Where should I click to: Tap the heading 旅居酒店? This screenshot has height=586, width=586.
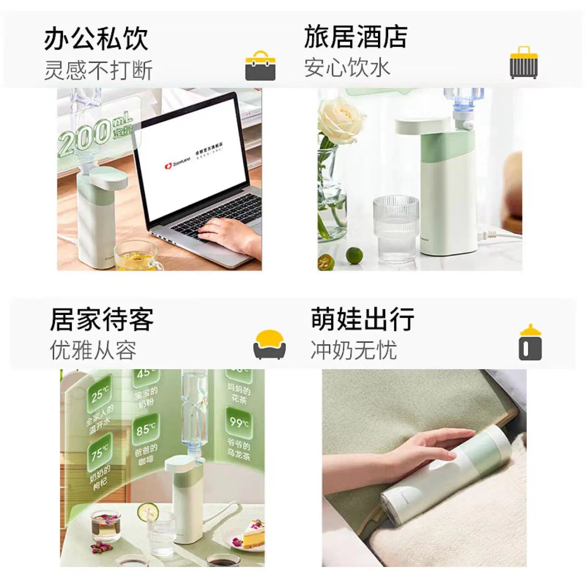coord(355,37)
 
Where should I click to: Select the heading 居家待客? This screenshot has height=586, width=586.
coord(101,320)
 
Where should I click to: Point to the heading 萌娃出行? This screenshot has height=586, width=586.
coord(362,320)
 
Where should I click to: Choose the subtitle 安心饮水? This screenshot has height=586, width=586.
coord(347,68)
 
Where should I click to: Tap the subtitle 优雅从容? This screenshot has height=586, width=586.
coord(93,350)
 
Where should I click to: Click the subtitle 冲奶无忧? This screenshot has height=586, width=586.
coord(353,350)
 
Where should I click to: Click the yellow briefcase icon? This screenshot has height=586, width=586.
coord(260,66)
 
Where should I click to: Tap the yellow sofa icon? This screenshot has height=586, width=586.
coord(269,345)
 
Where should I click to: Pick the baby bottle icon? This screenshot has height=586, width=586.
coord(530,343)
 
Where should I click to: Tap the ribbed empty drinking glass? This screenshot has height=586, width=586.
coord(396,228)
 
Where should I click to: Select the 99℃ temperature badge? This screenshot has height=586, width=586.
coord(239,422)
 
